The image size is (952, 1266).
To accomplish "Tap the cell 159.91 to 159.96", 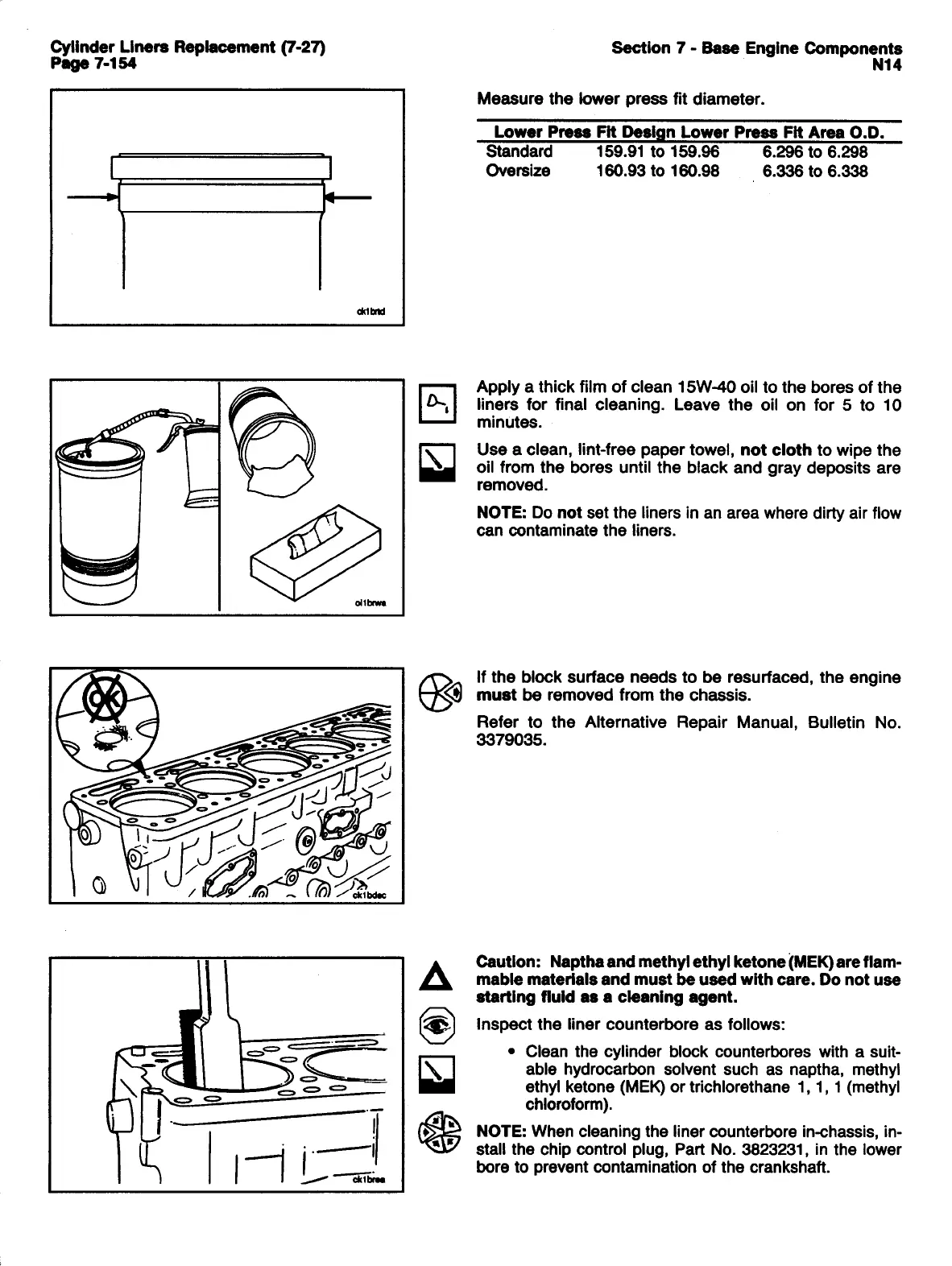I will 657,152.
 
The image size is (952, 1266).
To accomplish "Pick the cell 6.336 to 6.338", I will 814,171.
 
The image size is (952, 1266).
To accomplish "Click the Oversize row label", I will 519,171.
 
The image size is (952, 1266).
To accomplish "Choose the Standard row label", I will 519,152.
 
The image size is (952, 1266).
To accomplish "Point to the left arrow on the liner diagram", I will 92,196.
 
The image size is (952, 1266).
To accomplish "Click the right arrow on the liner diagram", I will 348,196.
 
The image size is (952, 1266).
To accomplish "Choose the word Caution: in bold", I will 508,962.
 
